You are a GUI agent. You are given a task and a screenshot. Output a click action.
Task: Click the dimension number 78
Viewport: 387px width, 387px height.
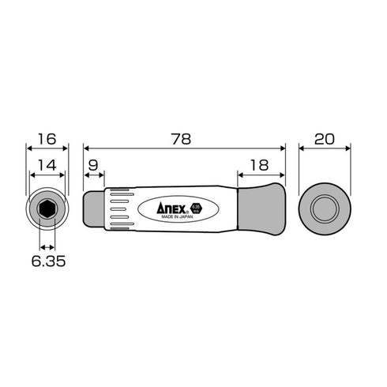[183, 137]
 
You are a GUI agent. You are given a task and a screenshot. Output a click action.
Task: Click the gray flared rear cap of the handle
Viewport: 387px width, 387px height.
[261, 209]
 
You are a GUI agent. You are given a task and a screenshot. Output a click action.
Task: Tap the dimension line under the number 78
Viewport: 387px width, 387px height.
[183, 147]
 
